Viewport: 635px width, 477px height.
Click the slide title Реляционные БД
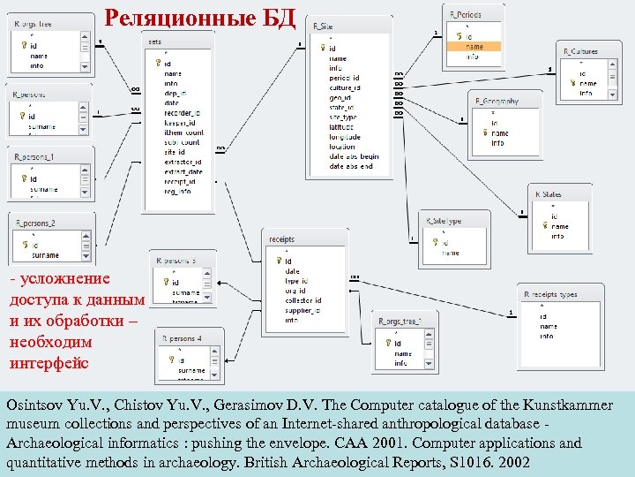(x=199, y=17)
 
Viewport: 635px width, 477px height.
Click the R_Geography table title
(x=498, y=102)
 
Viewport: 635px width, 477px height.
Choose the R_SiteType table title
(x=445, y=221)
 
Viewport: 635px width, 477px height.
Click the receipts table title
(x=282, y=238)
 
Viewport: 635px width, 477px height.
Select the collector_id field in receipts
(x=303, y=300)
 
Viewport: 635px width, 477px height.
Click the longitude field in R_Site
(x=345, y=137)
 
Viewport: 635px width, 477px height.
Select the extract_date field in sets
(x=183, y=171)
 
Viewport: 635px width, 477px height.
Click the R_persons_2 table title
(x=37, y=223)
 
